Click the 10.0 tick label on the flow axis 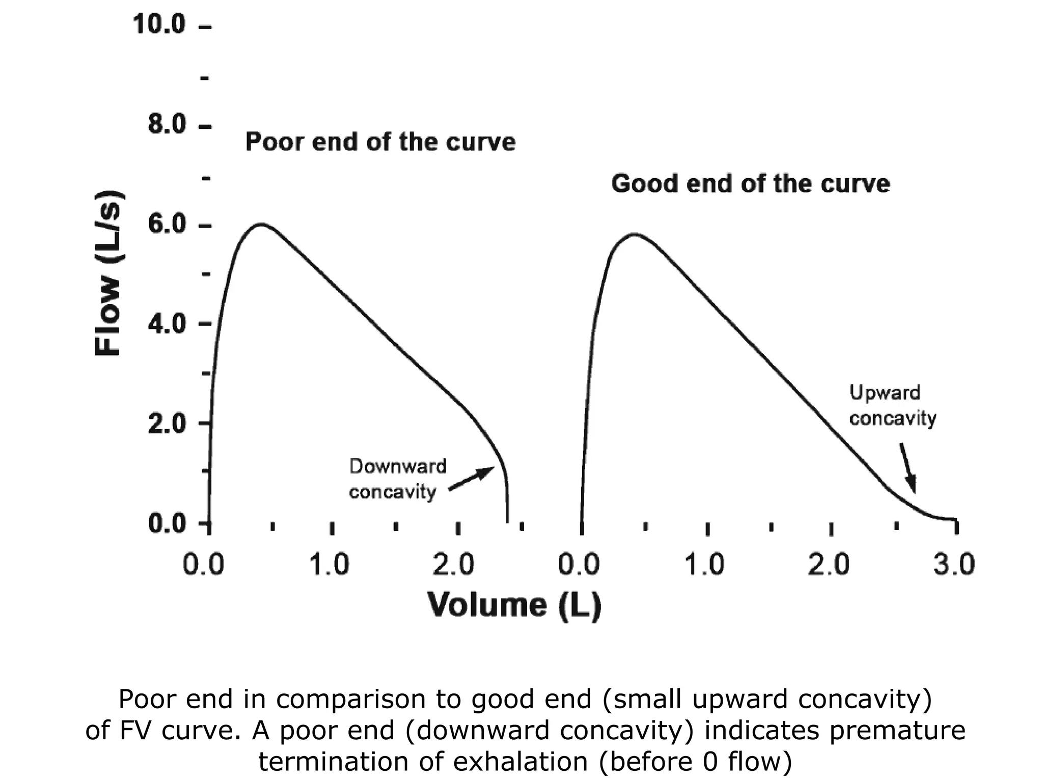[x=159, y=24]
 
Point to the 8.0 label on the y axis [x=167, y=124]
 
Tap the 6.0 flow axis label [x=167, y=225]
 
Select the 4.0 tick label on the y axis [x=167, y=324]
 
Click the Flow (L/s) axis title [x=108, y=273]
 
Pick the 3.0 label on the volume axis [x=954, y=565]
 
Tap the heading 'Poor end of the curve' [x=380, y=142]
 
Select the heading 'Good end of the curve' [x=750, y=183]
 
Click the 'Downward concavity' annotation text [x=397, y=479]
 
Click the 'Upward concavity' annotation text [x=892, y=405]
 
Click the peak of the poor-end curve [x=261, y=224]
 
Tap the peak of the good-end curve [x=634, y=234]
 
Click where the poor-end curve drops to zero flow [x=507, y=521]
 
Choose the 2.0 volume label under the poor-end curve [x=453, y=565]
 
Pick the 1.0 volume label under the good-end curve [x=704, y=565]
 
